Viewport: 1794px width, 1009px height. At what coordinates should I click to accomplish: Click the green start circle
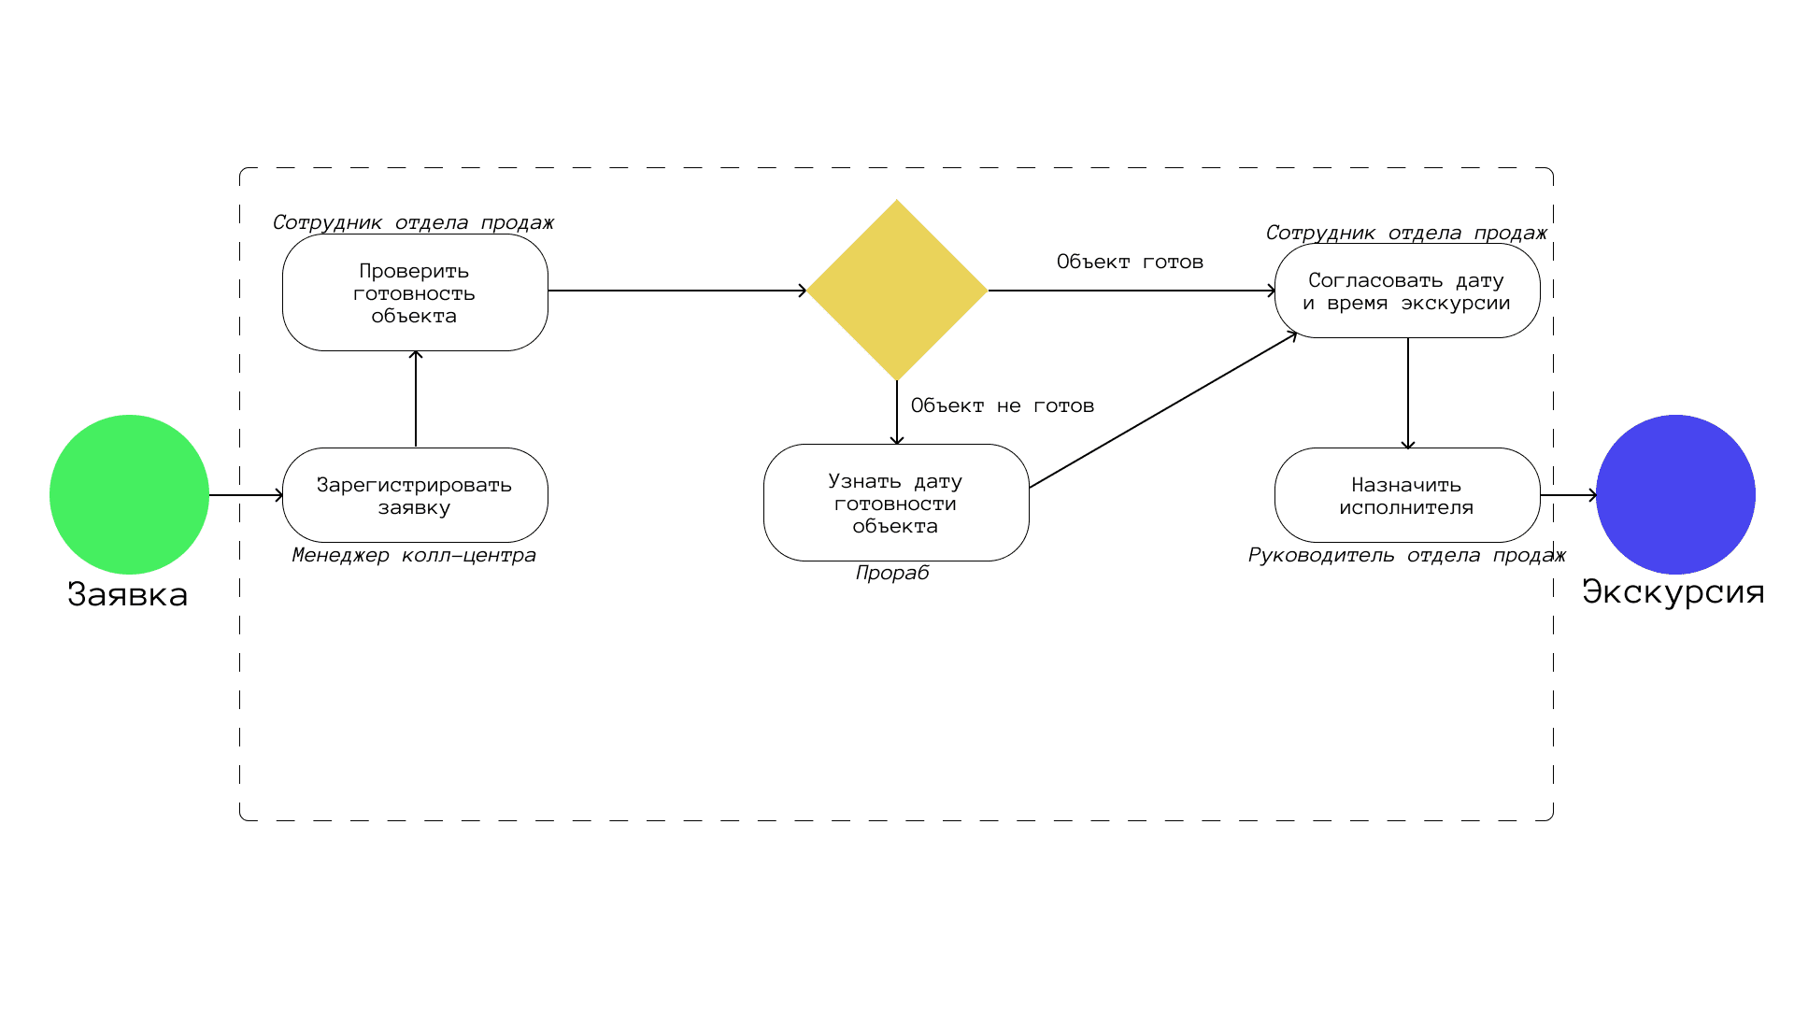click(x=129, y=494)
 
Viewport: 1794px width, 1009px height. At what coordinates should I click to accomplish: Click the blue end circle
click(x=1675, y=494)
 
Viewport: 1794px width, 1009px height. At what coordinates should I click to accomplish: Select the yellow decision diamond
click(x=897, y=290)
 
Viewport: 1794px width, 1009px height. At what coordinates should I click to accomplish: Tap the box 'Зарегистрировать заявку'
click(x=415, y=495)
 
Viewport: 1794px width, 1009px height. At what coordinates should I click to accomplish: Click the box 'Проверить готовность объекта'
click(x=415, y=292)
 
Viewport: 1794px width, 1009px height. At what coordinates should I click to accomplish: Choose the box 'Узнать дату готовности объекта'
click(x=896, y=503)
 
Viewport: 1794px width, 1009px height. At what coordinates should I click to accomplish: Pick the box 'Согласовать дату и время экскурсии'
click(x=1407, y=291)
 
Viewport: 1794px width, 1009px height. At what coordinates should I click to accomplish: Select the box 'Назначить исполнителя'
click(x=1407, y=495)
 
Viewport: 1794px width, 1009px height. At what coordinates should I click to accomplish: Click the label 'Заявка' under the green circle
click(x=128, y=594)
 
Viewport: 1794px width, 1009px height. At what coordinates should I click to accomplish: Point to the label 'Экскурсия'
click(x=1673, y=591)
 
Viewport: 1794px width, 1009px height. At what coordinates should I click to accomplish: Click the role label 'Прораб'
click(x=892, y=573)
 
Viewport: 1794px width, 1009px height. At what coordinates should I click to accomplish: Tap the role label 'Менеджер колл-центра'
click(x=414, y=555)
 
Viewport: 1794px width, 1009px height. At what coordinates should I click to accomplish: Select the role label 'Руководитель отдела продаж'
click(x=1407, y=555)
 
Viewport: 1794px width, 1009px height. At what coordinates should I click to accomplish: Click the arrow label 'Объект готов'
click(x=1130, y=262)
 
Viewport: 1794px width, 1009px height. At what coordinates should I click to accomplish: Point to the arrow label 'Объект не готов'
click(x=1003, y=405)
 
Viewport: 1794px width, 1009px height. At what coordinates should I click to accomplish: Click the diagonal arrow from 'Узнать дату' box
click(x=1163, y=410)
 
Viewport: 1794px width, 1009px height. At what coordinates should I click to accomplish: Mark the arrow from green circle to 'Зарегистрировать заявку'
click(x=246, y=495)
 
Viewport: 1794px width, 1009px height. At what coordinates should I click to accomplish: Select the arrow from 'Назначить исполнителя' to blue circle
click(x=1568, y=495)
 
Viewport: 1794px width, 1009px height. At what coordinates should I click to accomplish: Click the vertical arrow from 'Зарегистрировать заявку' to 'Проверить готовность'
click(x=416, y=399)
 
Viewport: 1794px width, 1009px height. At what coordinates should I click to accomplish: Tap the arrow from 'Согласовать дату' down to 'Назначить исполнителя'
click(x=1408, y=392)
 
